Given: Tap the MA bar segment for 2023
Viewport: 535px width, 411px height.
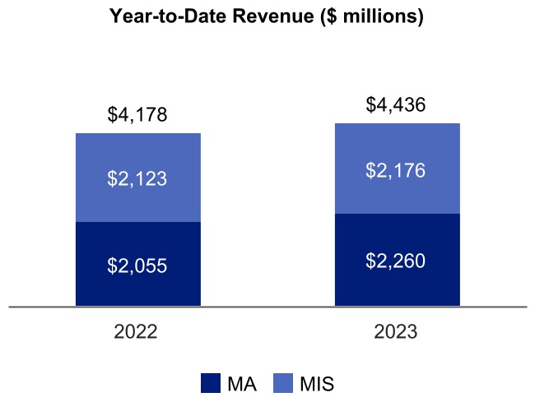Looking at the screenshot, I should coord(397,284).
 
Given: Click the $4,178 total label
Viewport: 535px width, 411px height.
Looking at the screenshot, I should coord(137,115).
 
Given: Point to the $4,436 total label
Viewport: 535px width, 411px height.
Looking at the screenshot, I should coord(397,105).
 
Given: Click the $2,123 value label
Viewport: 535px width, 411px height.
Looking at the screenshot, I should coord(137,178).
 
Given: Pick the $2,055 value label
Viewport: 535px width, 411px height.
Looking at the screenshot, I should coord(137,266).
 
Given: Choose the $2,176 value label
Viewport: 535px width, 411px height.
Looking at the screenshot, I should coord(397,171).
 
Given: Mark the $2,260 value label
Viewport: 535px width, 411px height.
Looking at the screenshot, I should coord(397,261).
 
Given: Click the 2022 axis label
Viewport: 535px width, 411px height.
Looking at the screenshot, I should coord(136,333).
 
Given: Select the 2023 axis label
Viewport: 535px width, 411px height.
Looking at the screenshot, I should coord(396,333).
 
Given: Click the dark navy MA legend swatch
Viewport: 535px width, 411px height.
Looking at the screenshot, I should coord(211,383).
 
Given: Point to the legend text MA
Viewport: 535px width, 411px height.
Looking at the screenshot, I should coord(240,383).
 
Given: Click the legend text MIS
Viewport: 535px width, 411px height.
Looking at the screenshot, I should coord(317,383).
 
